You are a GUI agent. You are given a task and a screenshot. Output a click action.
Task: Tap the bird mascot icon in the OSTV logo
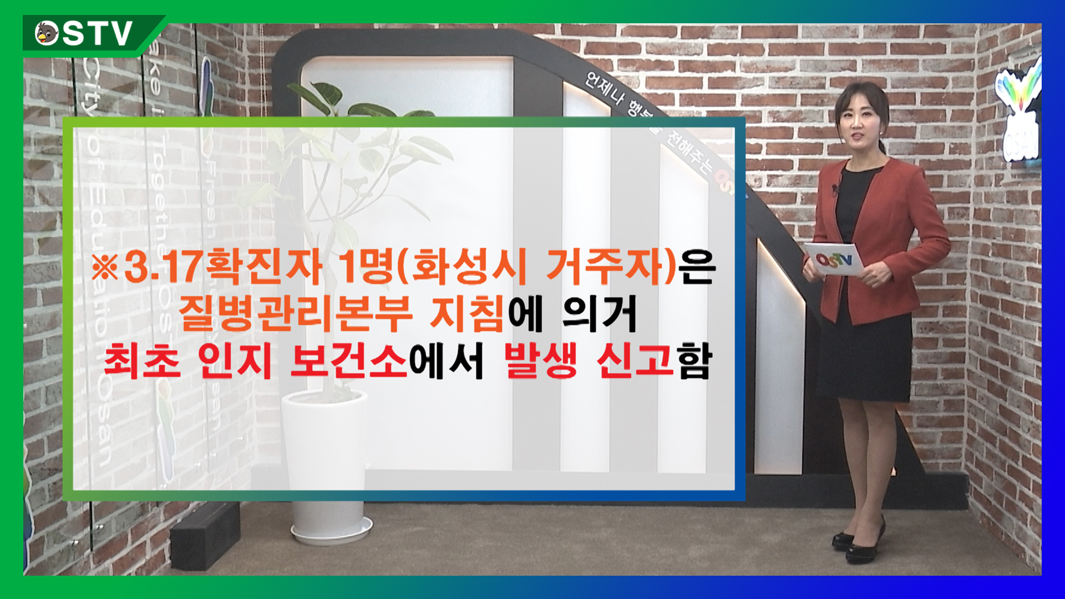47,33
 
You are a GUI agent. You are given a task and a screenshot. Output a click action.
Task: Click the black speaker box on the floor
205,535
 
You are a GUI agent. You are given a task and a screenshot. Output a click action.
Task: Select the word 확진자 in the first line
263,267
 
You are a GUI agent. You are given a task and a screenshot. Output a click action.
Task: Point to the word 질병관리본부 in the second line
295,314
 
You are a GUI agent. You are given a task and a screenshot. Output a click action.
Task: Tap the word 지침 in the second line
468,314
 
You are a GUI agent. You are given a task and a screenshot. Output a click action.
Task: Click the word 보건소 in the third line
349,361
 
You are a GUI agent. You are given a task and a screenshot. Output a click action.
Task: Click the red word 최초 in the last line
142,361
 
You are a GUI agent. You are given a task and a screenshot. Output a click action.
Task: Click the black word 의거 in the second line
599,314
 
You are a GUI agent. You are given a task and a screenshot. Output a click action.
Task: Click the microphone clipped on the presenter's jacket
834,190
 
